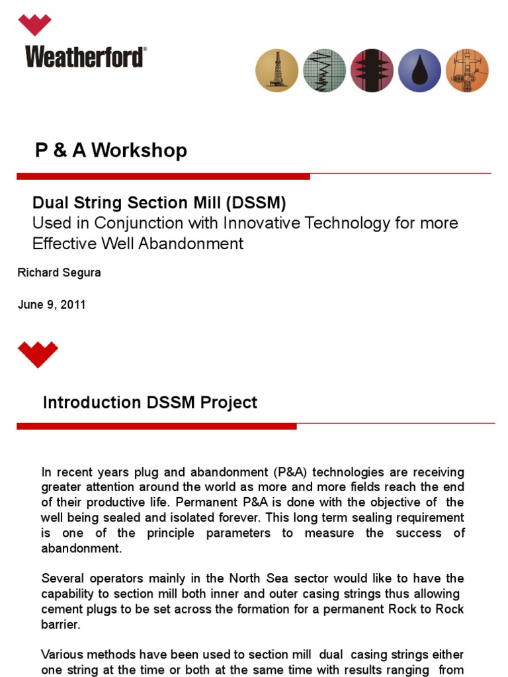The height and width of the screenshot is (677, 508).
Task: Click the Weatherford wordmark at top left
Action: (x=85, y=56)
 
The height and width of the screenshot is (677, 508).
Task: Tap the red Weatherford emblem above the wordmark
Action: (x=34, y=25)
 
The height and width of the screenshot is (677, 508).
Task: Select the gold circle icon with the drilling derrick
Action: (x=277, y=69)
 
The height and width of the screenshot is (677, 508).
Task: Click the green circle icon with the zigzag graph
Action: (x=324, y=69)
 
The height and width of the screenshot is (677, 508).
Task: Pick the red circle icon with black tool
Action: (x=371, y=69)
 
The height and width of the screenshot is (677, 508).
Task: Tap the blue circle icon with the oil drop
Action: (x=419, y=69)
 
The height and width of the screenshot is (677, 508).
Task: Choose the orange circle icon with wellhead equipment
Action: (x=467, y=69)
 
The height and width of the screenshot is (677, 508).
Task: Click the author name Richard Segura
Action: (x=59, y=272)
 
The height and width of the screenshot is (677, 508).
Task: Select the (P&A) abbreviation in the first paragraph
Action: (x=288, y=472)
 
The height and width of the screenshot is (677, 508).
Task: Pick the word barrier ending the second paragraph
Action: (x=60, y=624)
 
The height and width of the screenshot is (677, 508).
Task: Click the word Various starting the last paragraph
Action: (x=63, y=655)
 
